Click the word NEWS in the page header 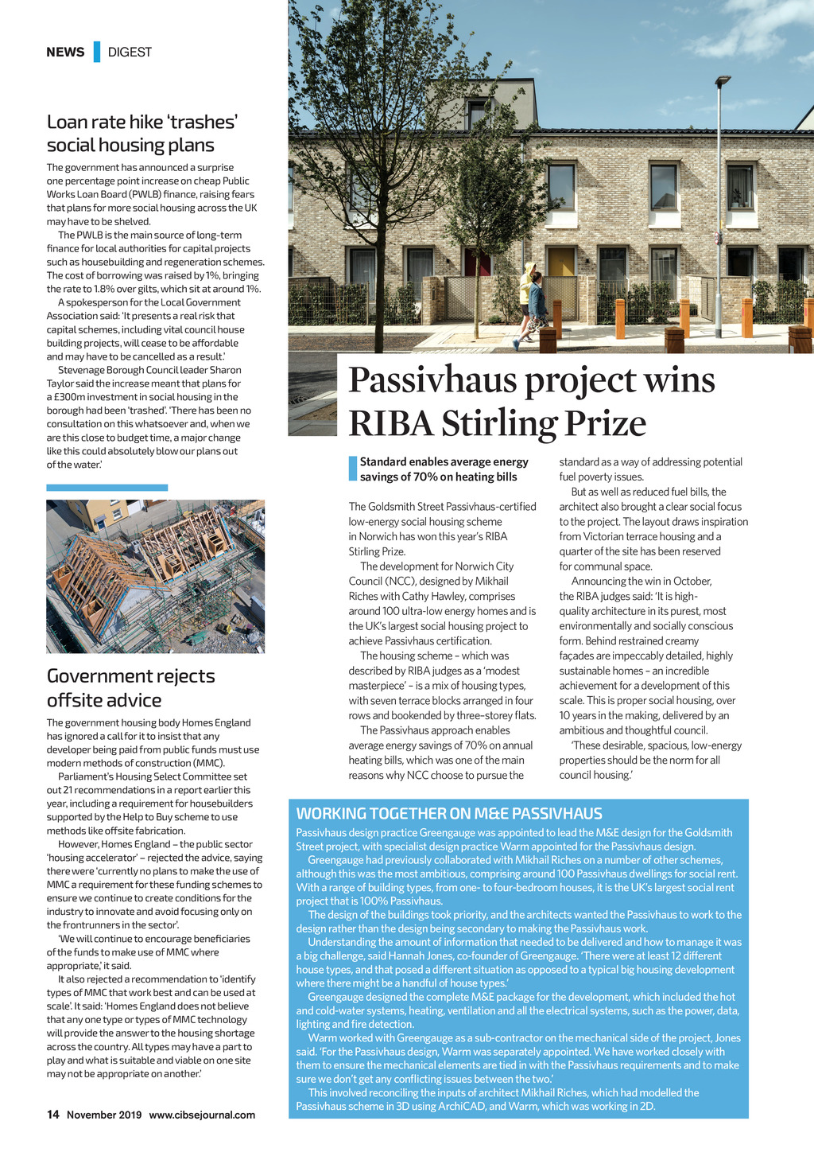tap(65, 53)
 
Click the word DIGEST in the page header tap(130, 53)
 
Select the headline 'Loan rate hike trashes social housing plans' tap(142, 134)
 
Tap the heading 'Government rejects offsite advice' tap(130, 688)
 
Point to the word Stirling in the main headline tap(498, 423)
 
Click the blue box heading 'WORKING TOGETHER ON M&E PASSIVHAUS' tap(449, 814)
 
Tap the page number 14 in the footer tap(52, 1115)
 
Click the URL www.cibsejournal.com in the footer tap(202, 1115)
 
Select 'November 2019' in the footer tap(104, 1115)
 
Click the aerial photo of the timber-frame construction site tap(155, 576)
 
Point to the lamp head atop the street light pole tap(723, 80)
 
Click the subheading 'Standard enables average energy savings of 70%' tap(444, 469)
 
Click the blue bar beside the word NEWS tap(97, 52)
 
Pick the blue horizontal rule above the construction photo tap(107, 488)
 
